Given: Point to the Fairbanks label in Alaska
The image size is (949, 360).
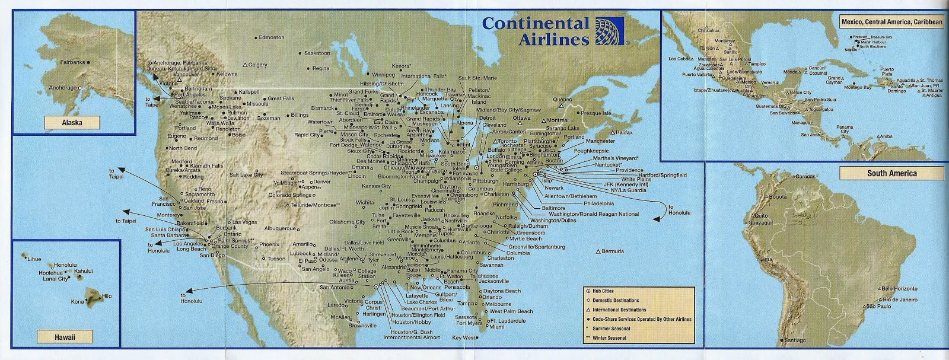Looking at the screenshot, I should [x=74, y=62].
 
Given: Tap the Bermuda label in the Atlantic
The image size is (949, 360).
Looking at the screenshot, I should [x=612, y=251].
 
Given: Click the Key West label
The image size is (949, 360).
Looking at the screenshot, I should [x=464, y=338].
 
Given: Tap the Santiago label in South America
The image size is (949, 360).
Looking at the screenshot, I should [x=794, y=342].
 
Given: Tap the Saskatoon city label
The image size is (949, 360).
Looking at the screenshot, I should [x=317, y=53].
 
